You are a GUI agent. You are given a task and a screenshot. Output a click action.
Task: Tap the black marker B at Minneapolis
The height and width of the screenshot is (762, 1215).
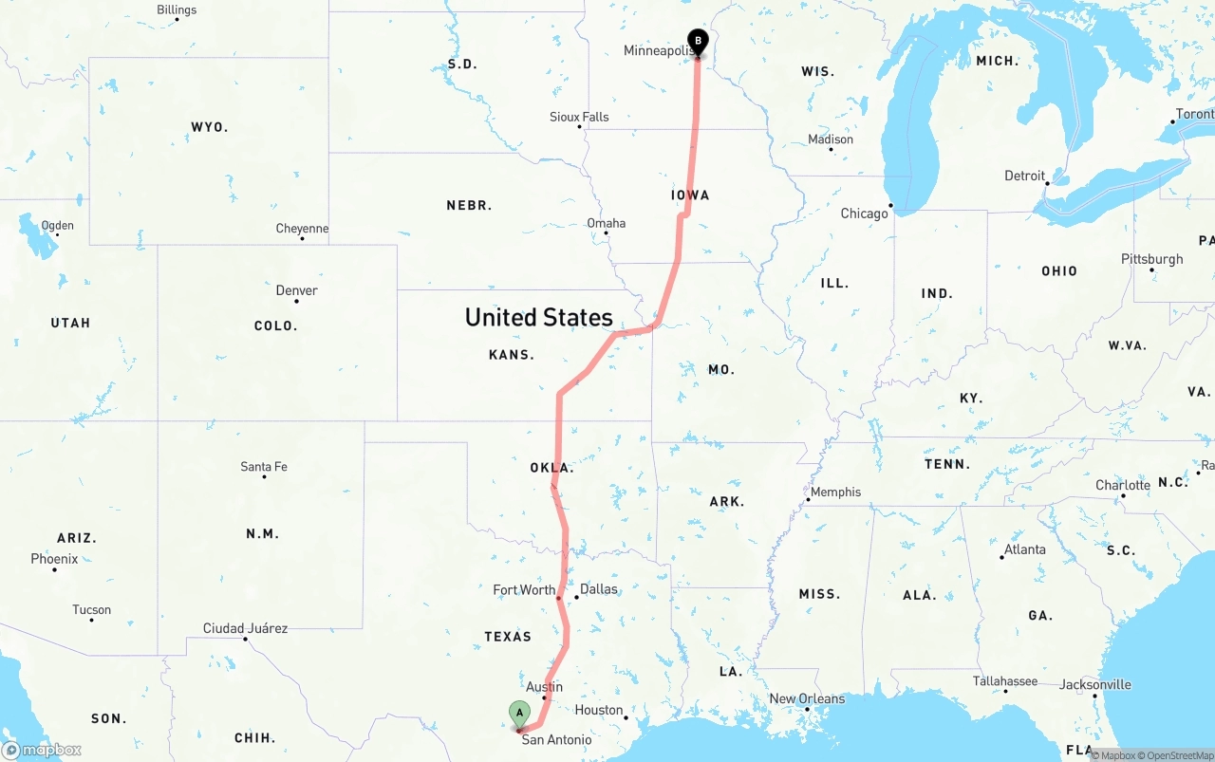pos(698,42)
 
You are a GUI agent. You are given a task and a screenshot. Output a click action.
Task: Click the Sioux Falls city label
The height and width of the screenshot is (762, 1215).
pos(579,117)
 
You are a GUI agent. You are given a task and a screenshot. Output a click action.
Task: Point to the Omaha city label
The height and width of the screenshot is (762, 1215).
pos(606,223)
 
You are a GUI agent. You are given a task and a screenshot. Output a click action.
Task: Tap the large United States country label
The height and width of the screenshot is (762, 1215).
pos(538,317)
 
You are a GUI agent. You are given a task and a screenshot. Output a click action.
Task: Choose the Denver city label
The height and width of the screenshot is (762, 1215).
pos(296,290)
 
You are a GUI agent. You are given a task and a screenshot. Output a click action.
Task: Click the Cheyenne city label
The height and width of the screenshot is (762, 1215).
pos(302,229)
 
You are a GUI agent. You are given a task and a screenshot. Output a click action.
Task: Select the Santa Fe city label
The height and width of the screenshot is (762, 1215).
pos(263,467)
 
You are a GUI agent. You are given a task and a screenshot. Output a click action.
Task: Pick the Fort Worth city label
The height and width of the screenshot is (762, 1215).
pos(524,590)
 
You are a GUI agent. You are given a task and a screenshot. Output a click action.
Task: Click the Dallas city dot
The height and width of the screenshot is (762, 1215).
pos(576,597)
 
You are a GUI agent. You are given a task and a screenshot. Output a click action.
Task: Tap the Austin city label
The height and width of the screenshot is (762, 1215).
pos(544,687)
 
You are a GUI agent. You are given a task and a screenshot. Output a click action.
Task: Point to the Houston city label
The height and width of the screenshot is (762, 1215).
pos(598,710)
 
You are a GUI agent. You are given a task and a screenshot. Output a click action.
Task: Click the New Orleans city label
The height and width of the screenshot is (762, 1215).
pos(806,698)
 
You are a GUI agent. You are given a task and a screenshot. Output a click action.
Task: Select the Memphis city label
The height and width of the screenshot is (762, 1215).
pos(835,492)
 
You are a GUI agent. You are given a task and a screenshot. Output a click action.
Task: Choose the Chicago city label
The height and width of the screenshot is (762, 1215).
pos(864,214)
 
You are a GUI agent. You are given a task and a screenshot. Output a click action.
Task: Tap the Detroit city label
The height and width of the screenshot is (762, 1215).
pos(1024,177)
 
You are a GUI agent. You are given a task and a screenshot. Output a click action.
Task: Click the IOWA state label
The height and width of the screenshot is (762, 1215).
pos(690,195)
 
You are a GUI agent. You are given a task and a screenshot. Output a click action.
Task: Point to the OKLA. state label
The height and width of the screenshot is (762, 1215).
pos(551,468)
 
